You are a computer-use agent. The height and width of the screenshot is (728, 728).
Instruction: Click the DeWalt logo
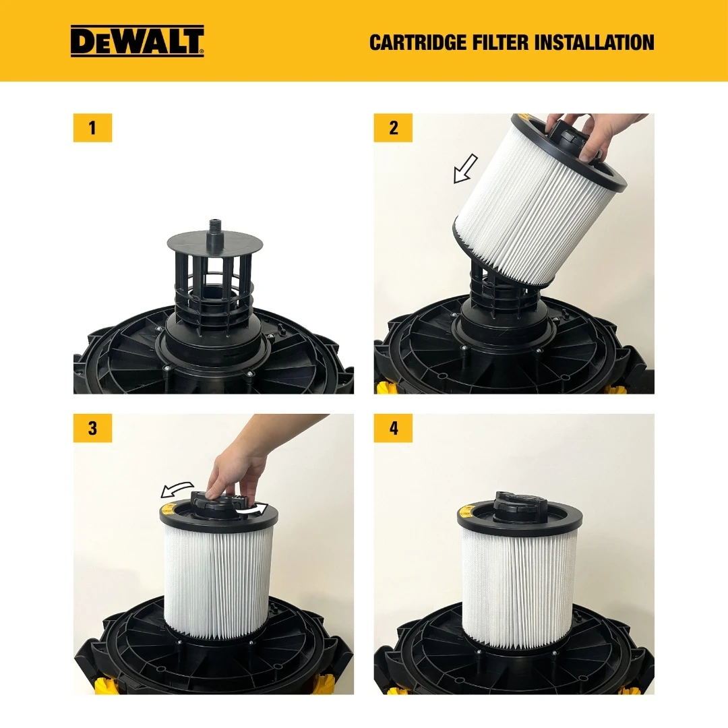pos(138,41)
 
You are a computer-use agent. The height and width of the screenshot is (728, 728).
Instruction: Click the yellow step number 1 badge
pos(92,128)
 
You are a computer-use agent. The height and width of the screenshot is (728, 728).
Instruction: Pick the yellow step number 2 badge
pos(393,128)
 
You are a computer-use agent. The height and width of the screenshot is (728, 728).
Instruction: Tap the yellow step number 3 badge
pos(92,429)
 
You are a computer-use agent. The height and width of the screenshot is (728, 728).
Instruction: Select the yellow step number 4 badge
pos(393,429)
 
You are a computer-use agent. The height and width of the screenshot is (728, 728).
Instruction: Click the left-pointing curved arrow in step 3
pos(177,488)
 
